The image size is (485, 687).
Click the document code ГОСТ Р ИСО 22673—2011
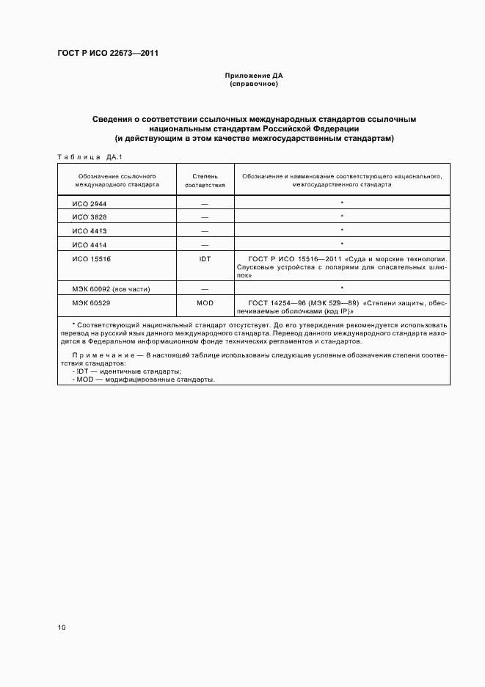click(x=109, y=54)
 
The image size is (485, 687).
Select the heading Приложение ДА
click(x=253, y=76)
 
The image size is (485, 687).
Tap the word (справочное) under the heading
click(x=253, y=84)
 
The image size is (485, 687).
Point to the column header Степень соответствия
click(x=205, y=181)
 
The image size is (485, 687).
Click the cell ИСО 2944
click(x=90, y=202)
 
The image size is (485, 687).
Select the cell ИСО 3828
click(x=90, y=217)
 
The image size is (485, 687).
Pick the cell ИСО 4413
click(x=90, y=230)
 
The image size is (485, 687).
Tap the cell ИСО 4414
click(x=90, y=244)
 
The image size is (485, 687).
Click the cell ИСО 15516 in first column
click(x=92, y=259)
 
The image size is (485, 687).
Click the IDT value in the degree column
click(x=205, y=259)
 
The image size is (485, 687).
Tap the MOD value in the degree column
click(x=205, y=302)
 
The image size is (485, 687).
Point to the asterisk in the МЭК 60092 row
click(x=342, y=288)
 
